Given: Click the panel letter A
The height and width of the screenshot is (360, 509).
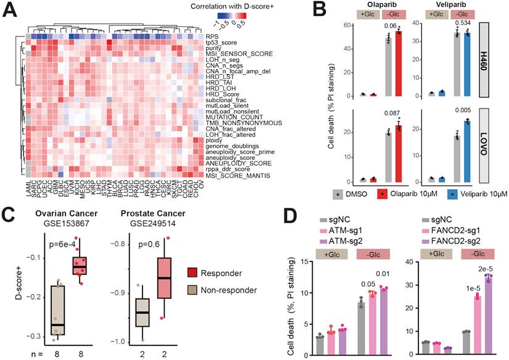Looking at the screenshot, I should click(10, 12).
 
